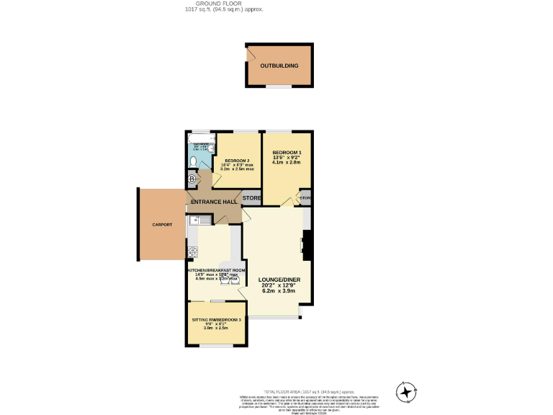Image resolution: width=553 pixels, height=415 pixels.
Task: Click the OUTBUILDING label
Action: (x=279, y=66)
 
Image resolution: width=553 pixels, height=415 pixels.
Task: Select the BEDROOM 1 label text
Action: (x=287, y=153)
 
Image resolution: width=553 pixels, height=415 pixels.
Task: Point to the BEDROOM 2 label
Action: (x=237, y=161)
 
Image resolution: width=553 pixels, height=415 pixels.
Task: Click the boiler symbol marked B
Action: (x=192, y=179)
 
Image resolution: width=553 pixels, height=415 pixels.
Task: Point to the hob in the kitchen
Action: (x=192, y=251)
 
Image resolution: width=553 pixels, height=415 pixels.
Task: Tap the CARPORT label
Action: (x=162, y=225)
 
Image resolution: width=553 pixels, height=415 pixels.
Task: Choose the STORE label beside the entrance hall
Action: (x=251, y=197)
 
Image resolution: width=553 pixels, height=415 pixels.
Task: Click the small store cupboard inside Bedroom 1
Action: (x=305, y=197)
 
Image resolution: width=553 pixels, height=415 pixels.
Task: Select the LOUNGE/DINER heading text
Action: (x=280, y=280)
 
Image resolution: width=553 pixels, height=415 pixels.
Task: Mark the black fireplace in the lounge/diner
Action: (x=307, y=245)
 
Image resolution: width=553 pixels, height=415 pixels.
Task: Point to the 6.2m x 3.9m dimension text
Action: (x=280, y=293)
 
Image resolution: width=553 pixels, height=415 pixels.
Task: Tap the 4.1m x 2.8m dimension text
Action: (x=287, y=163)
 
